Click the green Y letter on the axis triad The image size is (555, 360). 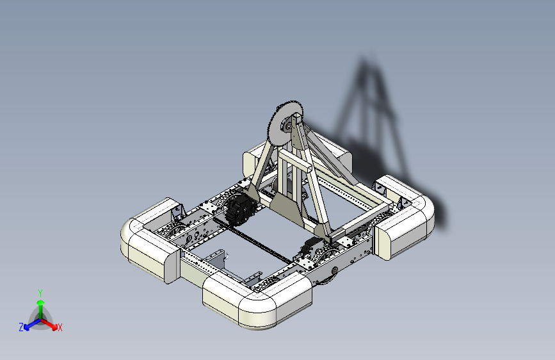[40, 293]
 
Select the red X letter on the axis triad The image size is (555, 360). [60, 327]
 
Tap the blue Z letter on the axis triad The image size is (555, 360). [21, 327]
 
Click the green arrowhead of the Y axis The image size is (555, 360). [41, 302]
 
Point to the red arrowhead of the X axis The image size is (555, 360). [54, 326]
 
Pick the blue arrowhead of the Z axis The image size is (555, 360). [27, 327]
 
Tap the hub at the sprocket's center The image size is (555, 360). [287, 126]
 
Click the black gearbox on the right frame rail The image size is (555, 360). [312, 247]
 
